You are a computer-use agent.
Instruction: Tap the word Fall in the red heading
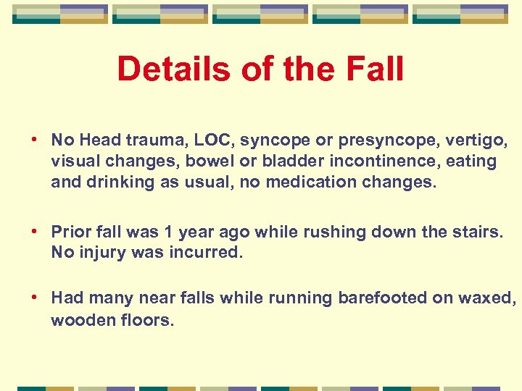tap(373, 70)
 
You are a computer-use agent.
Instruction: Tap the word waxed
tap(489, 298)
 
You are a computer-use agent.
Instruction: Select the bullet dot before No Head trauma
tap(35, 139)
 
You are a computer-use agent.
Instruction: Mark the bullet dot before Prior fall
tap(35, 232)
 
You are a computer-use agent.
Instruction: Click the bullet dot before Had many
tap(35, 298)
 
